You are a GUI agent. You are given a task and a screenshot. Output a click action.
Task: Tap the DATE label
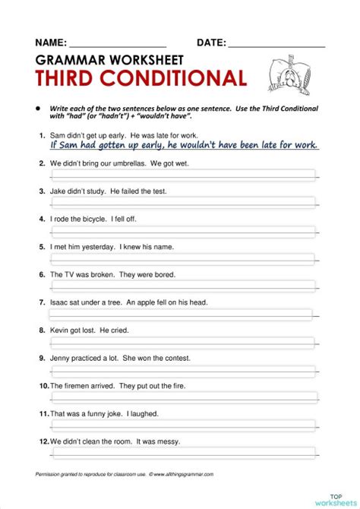[x=210, y=43]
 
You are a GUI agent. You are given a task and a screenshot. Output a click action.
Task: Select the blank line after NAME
[x=118, y=46]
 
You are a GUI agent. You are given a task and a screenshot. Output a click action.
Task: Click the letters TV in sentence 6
[x=69, y=274]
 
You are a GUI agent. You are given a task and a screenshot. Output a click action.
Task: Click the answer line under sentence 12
[x=182, y=454]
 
